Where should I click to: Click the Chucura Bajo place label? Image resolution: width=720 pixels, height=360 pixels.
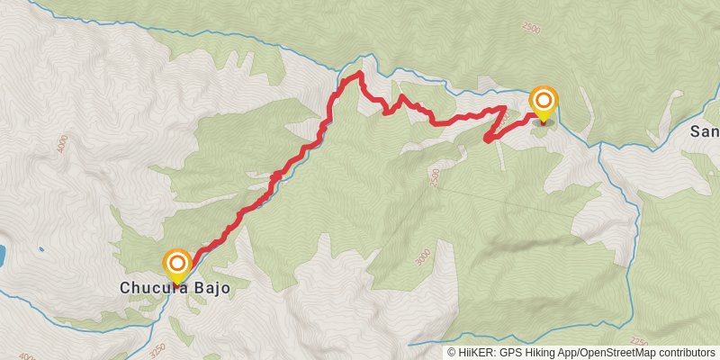tap(175, 288)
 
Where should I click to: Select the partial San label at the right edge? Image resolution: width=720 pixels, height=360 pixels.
tap(705, 131)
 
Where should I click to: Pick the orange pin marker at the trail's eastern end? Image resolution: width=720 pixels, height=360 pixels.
tap(544, 101)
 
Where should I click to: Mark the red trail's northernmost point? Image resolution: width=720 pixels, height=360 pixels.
tap(359, 74)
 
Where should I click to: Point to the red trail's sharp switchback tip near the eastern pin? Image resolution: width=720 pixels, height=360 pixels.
tap(486, 139)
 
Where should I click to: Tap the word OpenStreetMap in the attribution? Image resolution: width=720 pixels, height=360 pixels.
tap(615, 353)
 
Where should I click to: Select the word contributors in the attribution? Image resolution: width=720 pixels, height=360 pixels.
tap(685, 353)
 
